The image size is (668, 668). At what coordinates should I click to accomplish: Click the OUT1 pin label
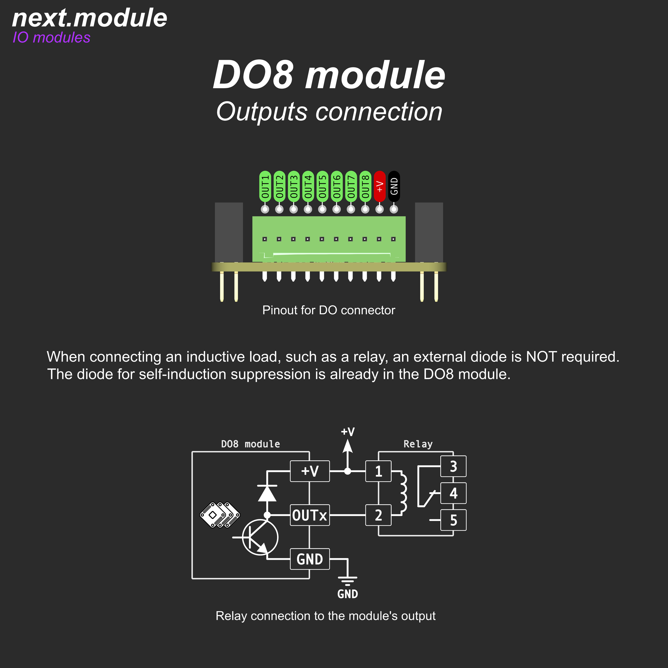[265, 186]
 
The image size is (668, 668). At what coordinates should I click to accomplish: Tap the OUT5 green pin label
[322, 186]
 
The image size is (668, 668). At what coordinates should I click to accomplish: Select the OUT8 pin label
[365, 186]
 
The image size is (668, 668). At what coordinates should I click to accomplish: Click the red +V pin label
[380, 186]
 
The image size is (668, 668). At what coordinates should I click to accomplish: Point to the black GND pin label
[394, 186]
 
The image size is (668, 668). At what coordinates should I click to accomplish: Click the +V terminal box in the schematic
[310, 471]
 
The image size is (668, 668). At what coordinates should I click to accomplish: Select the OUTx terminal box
[310, 515]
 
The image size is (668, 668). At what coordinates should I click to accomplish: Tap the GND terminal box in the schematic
[310, 559]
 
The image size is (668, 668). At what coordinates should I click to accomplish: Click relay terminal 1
[378, 471]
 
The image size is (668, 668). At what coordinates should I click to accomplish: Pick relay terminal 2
[378, 515]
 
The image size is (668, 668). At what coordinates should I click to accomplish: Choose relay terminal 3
[453, 466]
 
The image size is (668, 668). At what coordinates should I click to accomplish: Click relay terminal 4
[453, 493]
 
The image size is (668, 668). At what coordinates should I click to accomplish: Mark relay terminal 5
[453, 520]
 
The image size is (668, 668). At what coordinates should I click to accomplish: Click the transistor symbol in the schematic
[260, 537]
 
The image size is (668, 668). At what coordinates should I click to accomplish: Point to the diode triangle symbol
[267, 493]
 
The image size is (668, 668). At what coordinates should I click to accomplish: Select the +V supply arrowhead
[348, 446]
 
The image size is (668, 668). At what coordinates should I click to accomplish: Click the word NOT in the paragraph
[541, 357]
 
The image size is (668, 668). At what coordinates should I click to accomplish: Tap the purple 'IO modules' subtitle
[52, 37]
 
